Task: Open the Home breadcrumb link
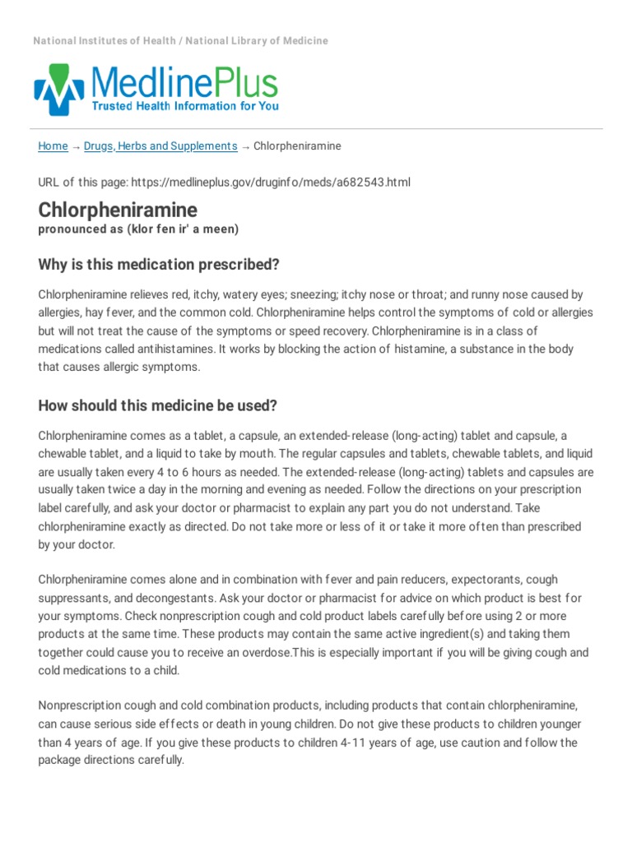point(53,146)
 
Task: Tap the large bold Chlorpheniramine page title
point(118,210)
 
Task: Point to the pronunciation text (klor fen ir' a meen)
point(183,229)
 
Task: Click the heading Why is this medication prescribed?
point(159,264)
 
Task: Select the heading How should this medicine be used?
point(157,405)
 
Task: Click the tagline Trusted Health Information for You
point(184,106)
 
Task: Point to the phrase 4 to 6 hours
point(218,472)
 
